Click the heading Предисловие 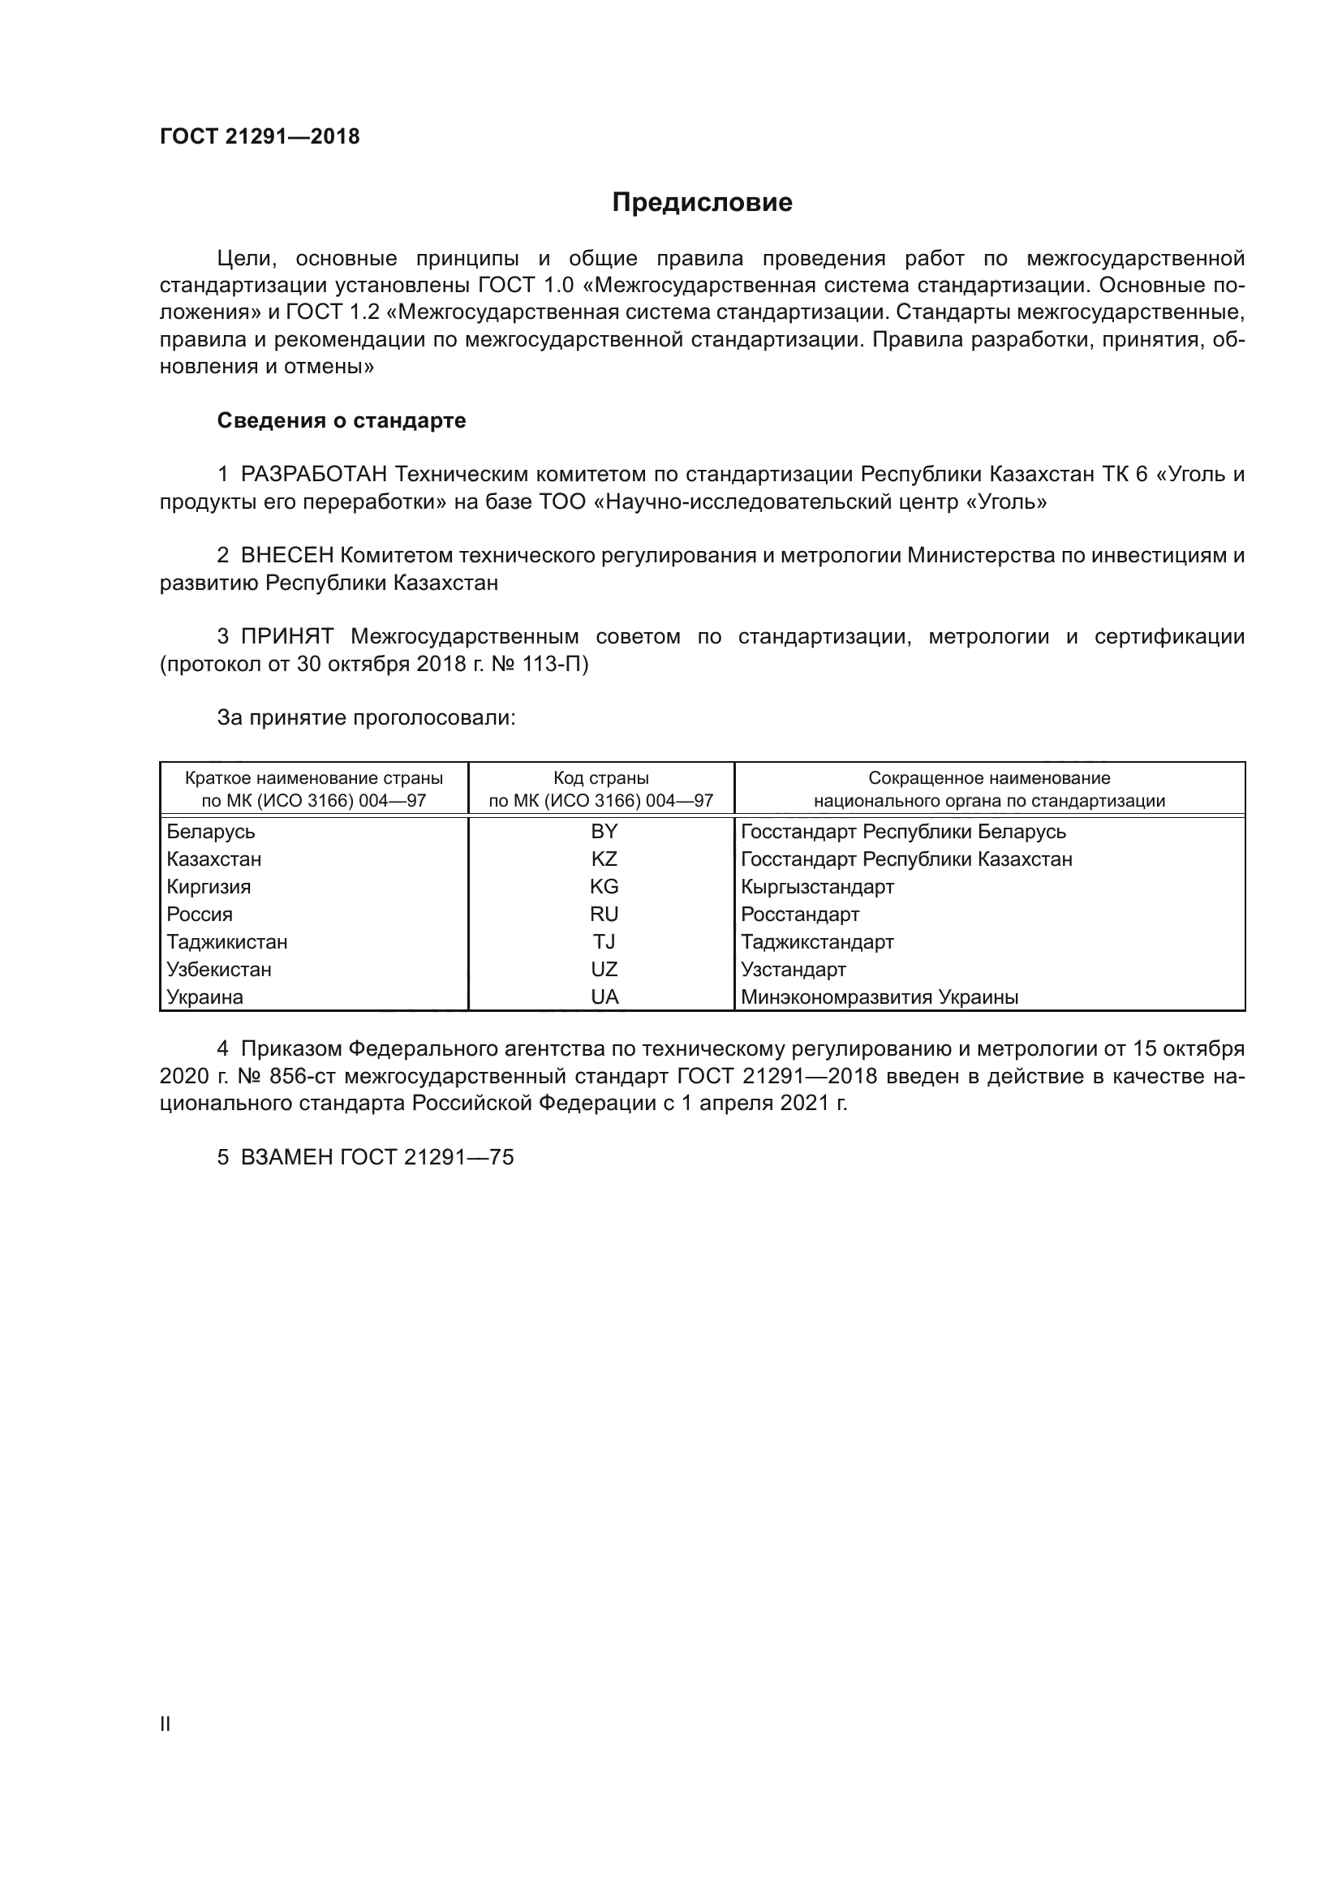click(x=702, y=203)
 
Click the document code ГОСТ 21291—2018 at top click(x=260, y=137)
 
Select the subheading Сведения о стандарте click(x=342, y=421)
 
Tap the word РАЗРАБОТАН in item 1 click(x=314, y=475)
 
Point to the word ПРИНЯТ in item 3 click(x=286, y=636)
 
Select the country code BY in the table click(x=604, y=832)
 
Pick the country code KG click(x=604, y=887)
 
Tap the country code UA click(x=604, y=997)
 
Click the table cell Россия click(x=200, y=915)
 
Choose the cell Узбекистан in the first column click(x=219, y=970)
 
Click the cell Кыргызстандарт click(x=817, y=887)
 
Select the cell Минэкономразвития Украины click(x=880, y=997)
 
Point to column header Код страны click(x=600, y=778)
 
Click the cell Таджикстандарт click(x=817, y=942)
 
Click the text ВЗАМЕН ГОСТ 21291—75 click(x=376, y=1157)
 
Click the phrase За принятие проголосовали click(x=366, y=717)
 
